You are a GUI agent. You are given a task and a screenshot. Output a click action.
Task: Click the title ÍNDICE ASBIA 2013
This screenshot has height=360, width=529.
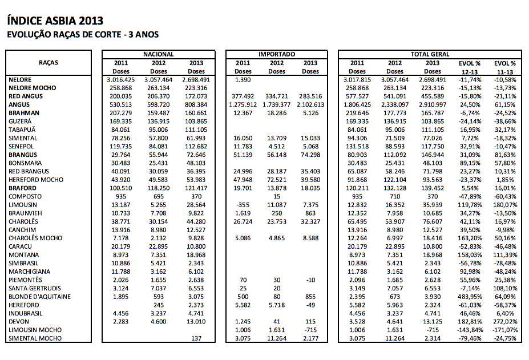coord(55,21)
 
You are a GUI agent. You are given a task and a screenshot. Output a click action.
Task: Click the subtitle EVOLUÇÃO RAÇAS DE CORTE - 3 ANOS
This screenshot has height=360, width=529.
coord(83,35)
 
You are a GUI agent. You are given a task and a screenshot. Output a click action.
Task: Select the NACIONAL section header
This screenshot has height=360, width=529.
coord(158,54)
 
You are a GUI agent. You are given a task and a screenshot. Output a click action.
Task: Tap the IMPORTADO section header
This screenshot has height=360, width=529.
coord(277,54)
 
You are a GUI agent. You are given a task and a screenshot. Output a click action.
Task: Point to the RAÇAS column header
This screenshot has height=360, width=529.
coord(49,63)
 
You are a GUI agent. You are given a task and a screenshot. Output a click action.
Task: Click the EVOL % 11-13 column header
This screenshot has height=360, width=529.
coord(504,67)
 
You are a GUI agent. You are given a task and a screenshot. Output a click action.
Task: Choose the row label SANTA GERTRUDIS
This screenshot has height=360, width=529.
coord(35,288)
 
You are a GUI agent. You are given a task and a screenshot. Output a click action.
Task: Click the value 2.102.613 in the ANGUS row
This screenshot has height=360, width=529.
coord(310,104)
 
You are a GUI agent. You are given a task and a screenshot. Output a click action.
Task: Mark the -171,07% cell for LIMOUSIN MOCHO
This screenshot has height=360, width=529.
coord(504,330)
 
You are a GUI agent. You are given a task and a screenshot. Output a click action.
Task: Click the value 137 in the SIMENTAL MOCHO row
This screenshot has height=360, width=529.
coord(196,338)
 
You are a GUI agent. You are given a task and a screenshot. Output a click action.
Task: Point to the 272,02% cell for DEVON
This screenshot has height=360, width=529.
coord(504,322)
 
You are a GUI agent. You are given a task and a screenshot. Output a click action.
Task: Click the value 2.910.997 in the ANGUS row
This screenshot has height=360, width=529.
coord(433,104)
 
